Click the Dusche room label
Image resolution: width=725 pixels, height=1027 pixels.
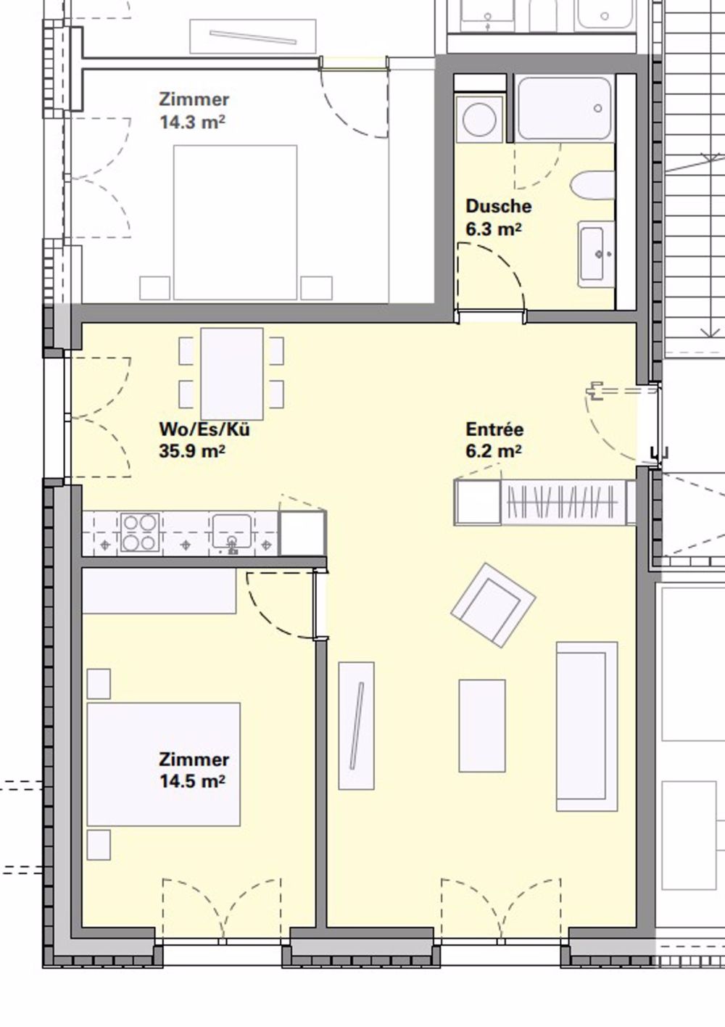click(x=498, y=206)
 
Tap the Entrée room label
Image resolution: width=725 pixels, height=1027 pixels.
click(x=494, y=429)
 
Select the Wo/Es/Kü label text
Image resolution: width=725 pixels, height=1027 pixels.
click(x=204, y=429)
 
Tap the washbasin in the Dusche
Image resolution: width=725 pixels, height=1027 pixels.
click(x=597, y=254)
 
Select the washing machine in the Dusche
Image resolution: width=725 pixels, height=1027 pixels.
click(x=479, y=119)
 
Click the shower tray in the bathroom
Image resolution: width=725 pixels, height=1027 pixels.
click(x=563, y=109)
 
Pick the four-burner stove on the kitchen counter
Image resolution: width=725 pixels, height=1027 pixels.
click(x=140, y=532)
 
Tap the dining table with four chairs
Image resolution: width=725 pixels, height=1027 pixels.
click(x=231, y=373)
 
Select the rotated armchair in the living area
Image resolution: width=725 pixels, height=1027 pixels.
click(x=493, y=604)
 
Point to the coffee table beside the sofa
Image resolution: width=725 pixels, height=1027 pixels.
click(x=482, y=725)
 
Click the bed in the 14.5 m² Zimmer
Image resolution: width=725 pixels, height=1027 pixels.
click(x=164, y=764)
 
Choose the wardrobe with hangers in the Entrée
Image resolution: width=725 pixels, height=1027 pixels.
click(x=562, y=501)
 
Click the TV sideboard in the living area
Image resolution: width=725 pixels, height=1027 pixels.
click(x=356, y=725)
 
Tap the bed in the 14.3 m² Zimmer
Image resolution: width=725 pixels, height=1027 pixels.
click(x=235, y=222)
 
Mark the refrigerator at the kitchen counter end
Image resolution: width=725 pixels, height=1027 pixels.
click(x=302, y=533)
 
